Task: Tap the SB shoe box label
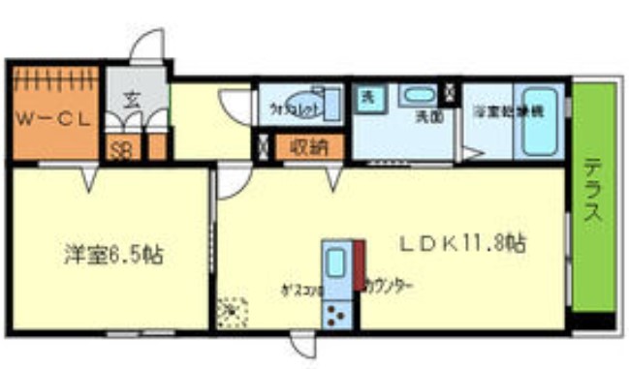[122, 151]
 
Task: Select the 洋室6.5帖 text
[112, 256]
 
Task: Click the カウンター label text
[389, 287]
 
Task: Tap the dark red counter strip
[358, 266]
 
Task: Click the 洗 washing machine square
[368, 97]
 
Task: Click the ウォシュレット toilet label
[291, 108]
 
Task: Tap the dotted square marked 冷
[232, 312]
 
